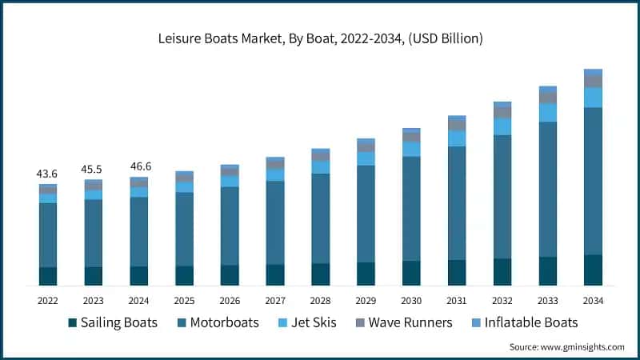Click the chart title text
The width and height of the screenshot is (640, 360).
click(x=320, y=38)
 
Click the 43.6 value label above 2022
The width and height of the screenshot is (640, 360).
click(x=47, y=174)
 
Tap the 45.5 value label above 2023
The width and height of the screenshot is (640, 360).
click(x=93, y=170)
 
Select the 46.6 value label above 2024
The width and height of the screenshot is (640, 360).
click(x=139, y=166)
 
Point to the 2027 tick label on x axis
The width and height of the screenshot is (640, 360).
click(x=275, y=301)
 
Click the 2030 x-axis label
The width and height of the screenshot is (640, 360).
click(x=411, y=301)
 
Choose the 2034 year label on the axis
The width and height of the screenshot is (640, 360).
click(x=593, y=301)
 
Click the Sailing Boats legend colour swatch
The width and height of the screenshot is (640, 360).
click(x=72, y=323)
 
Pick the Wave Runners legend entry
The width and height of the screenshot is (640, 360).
click(x=409, y=323)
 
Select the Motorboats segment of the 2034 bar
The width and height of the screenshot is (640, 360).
click(x=593, y=181)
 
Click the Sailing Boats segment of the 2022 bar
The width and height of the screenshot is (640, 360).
click(x=48, y=276)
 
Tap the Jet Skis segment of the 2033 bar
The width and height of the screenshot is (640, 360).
click(x=547, y=113)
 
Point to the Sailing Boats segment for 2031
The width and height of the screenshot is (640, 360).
click(x=457, y=272)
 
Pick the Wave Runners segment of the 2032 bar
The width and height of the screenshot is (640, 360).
click(x=502, y=113)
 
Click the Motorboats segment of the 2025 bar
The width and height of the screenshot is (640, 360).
click(x=184, y=229)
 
